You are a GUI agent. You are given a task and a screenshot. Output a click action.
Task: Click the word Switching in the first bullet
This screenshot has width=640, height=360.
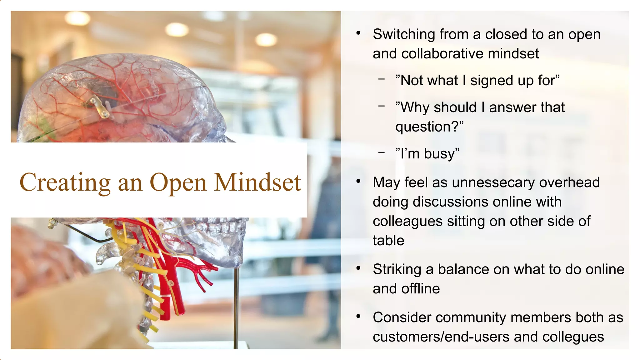pos(404,34)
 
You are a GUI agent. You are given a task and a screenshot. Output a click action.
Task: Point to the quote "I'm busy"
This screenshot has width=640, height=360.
pos(427,154)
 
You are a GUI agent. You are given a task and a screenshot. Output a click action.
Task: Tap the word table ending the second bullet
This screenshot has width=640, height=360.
pos(388,241)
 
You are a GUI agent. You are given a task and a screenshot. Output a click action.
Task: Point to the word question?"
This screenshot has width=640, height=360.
pos(429,127)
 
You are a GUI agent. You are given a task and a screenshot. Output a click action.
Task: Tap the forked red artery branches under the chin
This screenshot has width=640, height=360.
pos(203,272)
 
